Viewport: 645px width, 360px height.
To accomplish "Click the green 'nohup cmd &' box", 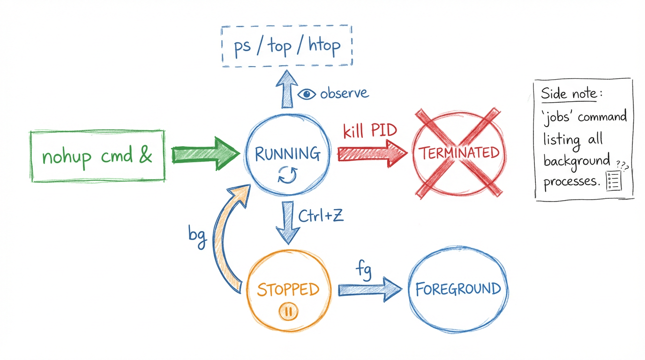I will click(x=97, y=156).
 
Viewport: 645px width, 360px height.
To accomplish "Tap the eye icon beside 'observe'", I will click(x=307, y=94).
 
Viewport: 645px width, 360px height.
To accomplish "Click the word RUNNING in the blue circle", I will click(x=287, y=153).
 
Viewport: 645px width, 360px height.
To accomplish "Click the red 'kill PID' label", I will click(x=370, y=131).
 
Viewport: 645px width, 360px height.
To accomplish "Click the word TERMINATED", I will click(x=458, y=153).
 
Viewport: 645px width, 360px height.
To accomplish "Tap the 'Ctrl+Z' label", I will click(x=321, y=216).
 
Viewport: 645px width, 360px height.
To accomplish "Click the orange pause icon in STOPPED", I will click(x=288, y=311).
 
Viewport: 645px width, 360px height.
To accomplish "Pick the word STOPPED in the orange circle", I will click(x=288, y=289).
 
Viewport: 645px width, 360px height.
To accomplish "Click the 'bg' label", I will click(x=197, y=233).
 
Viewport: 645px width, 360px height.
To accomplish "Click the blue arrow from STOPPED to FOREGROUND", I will click(x=369, y=289).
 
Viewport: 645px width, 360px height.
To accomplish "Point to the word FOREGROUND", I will click(x=458, y=289).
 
